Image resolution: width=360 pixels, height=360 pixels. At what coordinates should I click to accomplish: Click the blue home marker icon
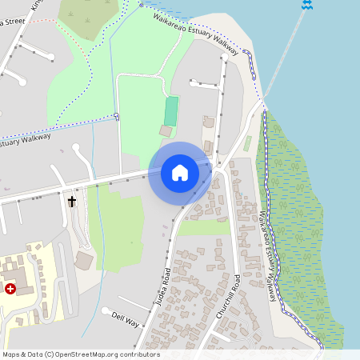(x=180, y=173)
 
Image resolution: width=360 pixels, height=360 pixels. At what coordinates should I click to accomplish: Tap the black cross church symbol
(x=72, y=201)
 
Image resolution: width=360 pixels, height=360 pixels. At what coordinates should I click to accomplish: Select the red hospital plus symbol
(x=10, y=288)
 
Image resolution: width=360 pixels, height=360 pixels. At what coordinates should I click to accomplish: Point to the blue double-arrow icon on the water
(x=306, y=5)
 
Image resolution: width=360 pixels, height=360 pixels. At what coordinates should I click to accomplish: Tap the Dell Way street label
(x=126, y=319)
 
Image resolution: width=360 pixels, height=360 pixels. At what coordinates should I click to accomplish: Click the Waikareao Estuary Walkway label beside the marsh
(x=271, y=256)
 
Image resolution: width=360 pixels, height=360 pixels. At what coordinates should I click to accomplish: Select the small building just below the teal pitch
(x=166, y=130)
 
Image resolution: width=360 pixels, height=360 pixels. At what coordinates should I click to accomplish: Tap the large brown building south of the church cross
(x=84, y=260)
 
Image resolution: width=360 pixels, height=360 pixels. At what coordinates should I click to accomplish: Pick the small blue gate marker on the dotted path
(x=117, y=117)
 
